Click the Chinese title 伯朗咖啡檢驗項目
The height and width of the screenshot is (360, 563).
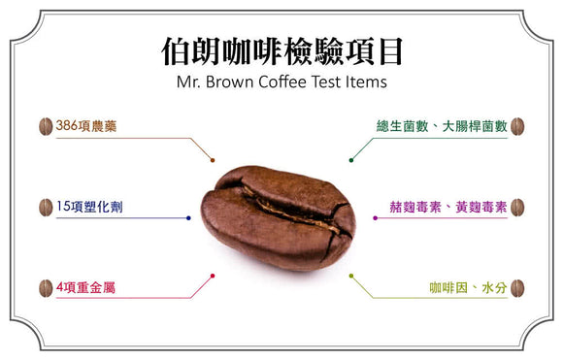pyautogui.click(x=281, y=51)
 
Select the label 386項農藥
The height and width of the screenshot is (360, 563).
pyautogui.click(x=85, y=126)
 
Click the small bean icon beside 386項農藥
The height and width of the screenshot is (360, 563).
pyautogui.click(x=45, y=126)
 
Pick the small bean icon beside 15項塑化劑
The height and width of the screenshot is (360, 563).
pyautogui.click(x=45, y=207)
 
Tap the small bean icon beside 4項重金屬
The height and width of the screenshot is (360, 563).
pyautogui.click(x=45, y=288)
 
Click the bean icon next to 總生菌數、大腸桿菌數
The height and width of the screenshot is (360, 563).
pyautogui.click(x=517, y=126)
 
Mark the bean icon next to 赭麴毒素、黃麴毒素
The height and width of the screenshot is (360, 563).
pyautogui.click(x=517, y=207)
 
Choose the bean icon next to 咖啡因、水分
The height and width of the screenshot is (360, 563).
pyautogui.click(x=517, y=288)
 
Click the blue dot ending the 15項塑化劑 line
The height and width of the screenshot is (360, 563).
pyautogui.click(x=188, y=218)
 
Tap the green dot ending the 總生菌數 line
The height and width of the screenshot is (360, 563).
pyautogui.click(x=349, y=161)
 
